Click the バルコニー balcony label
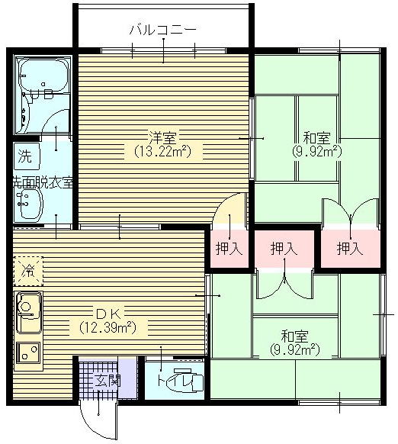coord(162,30)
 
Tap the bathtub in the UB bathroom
coord(43,75)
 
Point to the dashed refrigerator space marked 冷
coord(28,271)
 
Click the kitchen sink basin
coord(28,312)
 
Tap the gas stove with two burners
coord(28,352)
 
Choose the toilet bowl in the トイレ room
coord(189,381)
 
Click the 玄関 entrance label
coord(108,381)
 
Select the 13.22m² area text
coord(162,152)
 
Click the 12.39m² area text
coord(108,327)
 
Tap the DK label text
coord(109,314)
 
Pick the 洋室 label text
coord(162,138)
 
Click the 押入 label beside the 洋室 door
coord(229,249)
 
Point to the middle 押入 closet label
coord(284,249)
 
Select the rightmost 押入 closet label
coord(350,249)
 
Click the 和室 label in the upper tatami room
coord(316,138)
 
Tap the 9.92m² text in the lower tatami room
coord(295,349)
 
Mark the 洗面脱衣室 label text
coord(43,183)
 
